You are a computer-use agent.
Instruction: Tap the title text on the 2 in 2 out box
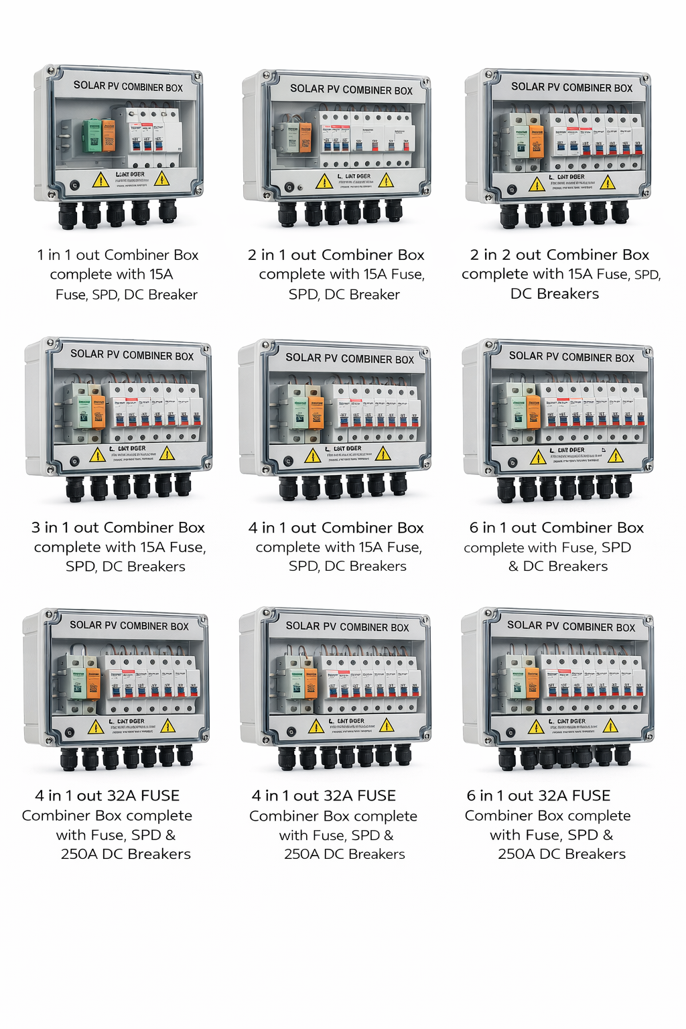pos(571,87)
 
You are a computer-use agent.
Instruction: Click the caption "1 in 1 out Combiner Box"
pos(118,255)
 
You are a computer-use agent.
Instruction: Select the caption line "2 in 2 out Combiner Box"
pos(559,255)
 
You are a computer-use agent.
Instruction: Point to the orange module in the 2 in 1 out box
pos(305,137)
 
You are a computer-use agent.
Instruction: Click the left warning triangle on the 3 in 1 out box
pos(97,455)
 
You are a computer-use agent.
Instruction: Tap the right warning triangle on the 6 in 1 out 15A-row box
pos(615,456)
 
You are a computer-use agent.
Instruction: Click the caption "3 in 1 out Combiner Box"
pos(118,527)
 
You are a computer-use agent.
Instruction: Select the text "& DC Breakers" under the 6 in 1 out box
pos(558,566)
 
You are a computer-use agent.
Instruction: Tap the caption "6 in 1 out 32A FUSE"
pos(539,795)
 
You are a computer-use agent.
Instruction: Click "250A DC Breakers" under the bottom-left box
pos(126,853)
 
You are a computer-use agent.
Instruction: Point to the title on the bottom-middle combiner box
pos(347,626)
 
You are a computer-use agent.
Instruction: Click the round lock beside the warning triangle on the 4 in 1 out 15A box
pos(288,461)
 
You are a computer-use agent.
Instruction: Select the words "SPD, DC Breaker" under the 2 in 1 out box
pos(344,294)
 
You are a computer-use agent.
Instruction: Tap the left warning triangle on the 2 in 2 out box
pos(537,184)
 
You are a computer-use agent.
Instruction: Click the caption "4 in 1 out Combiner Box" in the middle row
pos(336,527)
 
